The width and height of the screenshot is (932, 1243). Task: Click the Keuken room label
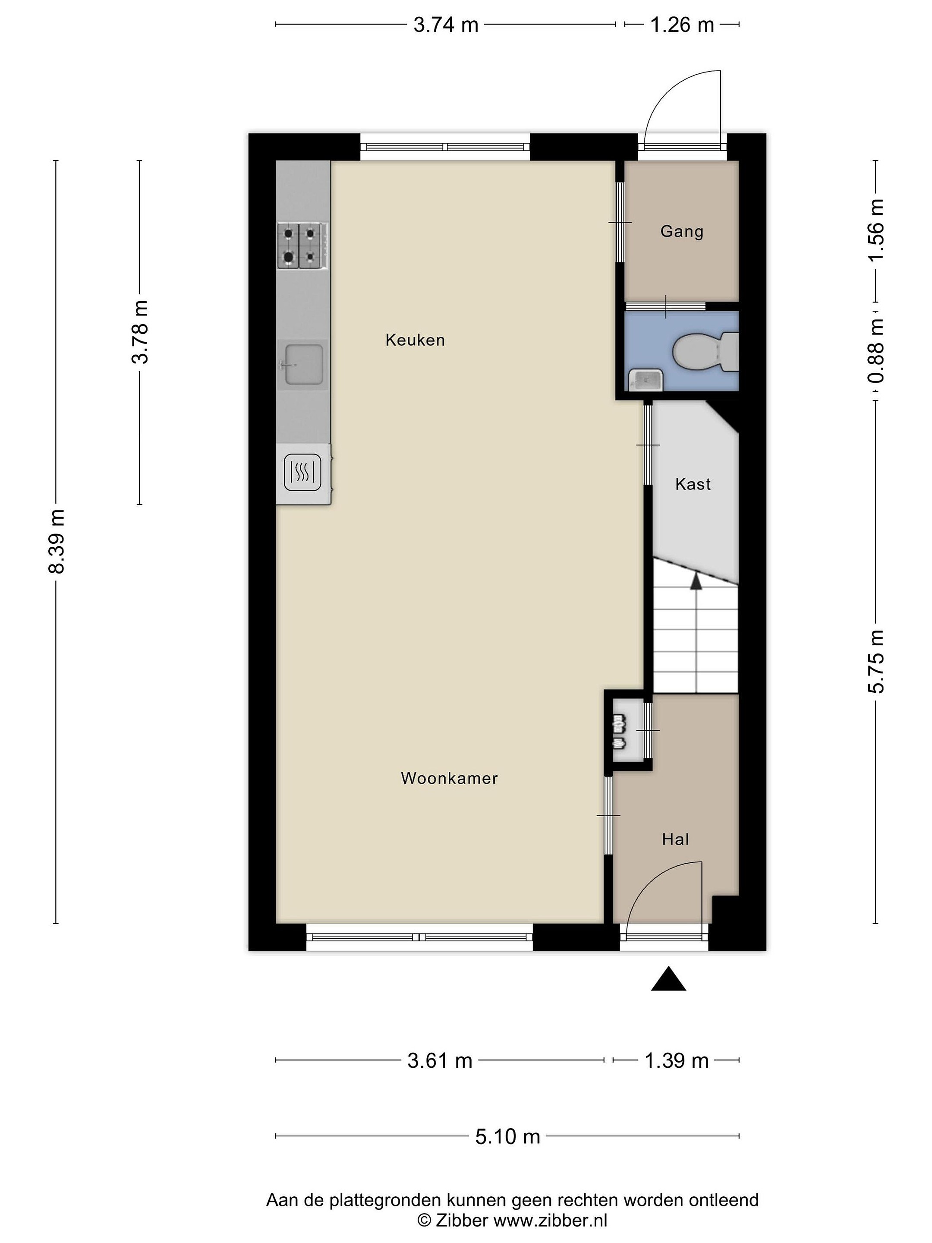415,340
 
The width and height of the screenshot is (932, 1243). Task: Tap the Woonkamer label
450,778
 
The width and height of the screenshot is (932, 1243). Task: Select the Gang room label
681,231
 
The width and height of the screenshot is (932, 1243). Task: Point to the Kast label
693,484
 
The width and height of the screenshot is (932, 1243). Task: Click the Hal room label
675,839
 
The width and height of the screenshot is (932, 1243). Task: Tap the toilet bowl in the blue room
705,352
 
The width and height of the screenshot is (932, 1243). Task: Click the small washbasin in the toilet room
645,380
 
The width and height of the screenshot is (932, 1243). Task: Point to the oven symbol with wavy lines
303,472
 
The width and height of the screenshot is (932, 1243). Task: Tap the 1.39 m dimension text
677,1061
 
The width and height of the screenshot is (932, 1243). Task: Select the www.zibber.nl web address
550,1221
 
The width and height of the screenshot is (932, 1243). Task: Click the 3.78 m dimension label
139,331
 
